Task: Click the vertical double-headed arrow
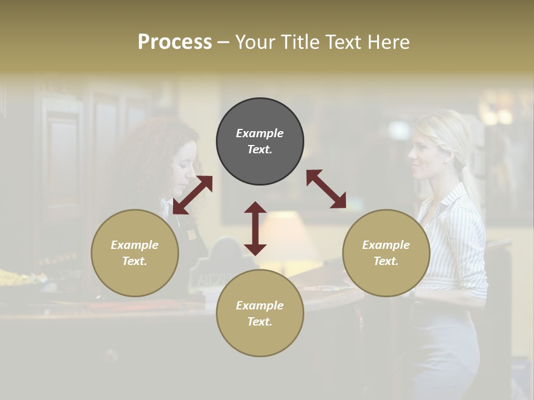tap(255, 228)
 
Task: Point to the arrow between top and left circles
tap(192, 195)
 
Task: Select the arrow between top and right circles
tap(326, 189)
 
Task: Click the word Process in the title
tap(175, 42)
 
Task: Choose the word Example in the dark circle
tap(260, 133)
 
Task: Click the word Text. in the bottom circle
tap(260, 322)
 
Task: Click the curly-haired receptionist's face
tap(185, 167)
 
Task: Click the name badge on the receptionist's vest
tap(191, 234)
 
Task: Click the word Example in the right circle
tap(386, 245)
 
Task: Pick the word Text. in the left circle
tap(135, 261)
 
